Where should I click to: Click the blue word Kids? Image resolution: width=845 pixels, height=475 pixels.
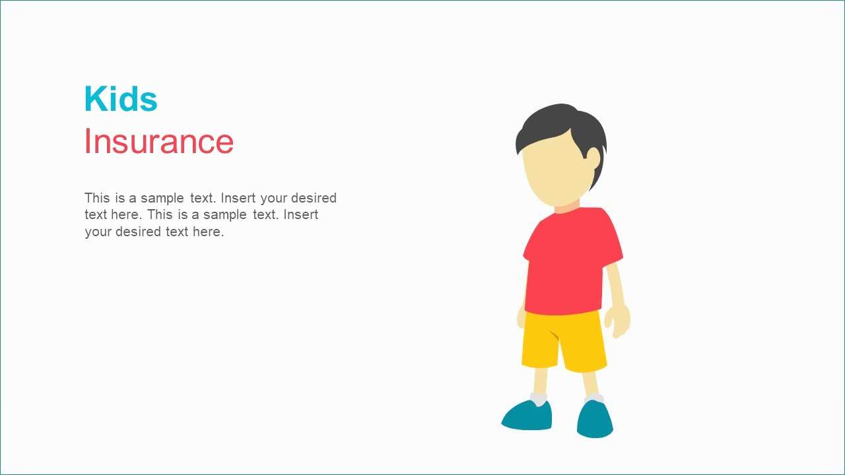(121, 99)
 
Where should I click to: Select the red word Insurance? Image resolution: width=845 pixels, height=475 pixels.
(159, 141)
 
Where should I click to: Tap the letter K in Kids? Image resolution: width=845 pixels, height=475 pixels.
(94, 99)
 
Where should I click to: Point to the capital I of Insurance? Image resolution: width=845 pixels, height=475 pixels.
(87, 141)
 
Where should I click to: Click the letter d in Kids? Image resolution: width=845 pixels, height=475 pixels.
(126, 99)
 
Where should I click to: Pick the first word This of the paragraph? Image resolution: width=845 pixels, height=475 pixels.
(97, 198)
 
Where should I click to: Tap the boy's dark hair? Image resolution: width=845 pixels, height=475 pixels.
(561, 128)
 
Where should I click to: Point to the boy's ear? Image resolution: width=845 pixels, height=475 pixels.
(593, 158)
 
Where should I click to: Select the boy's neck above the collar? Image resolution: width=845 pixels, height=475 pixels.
(567, 206)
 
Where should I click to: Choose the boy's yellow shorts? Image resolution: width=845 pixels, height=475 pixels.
(564, 341)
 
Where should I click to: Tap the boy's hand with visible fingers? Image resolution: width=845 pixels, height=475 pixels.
(618, 321)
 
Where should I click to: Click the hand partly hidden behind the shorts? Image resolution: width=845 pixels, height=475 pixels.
(521, 317)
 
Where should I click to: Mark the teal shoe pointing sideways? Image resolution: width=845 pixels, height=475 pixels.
(527, 416)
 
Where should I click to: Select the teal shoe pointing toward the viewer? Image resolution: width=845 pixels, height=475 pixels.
(595, 419)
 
